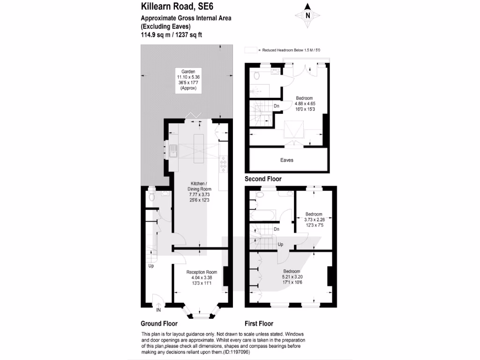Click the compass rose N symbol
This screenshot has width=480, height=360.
point(307,15)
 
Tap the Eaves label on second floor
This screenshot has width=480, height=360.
point(287,160)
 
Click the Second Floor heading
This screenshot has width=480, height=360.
point(263,179)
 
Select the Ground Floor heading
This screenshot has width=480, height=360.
point(159,323)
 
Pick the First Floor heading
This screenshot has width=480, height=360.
point(259,323)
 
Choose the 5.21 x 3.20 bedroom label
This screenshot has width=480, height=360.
point(292,277)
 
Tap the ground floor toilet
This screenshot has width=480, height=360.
point(151,195)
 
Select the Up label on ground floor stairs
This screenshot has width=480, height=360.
point(151,266)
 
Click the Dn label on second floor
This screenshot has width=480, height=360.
point(277,106)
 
